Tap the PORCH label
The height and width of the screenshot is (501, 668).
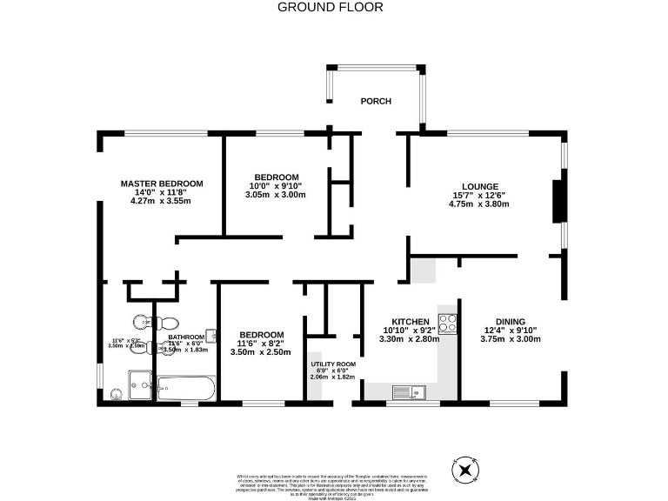coord(376,102)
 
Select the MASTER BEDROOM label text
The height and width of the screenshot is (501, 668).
coord(162,184)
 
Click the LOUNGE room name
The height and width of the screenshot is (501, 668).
coord(479,186)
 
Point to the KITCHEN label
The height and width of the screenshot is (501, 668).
coord(410,321)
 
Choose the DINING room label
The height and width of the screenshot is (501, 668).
coord(510,321)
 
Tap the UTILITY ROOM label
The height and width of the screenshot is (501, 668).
coord(333,364)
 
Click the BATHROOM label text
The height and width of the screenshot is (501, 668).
coord(186,337)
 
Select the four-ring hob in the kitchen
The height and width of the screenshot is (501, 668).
coord(448,323)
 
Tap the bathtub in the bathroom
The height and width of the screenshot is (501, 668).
coord(184,388)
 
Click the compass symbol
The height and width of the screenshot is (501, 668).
coord(467,471)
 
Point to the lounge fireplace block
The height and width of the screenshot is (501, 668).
coord(558,202)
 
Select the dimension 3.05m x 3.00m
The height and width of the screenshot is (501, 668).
coord(275,195)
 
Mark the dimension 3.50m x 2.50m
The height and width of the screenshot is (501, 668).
coord(261,352)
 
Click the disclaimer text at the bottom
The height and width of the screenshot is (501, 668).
coord(333,484)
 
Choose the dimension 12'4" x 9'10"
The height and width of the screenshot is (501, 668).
coord(510,330)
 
